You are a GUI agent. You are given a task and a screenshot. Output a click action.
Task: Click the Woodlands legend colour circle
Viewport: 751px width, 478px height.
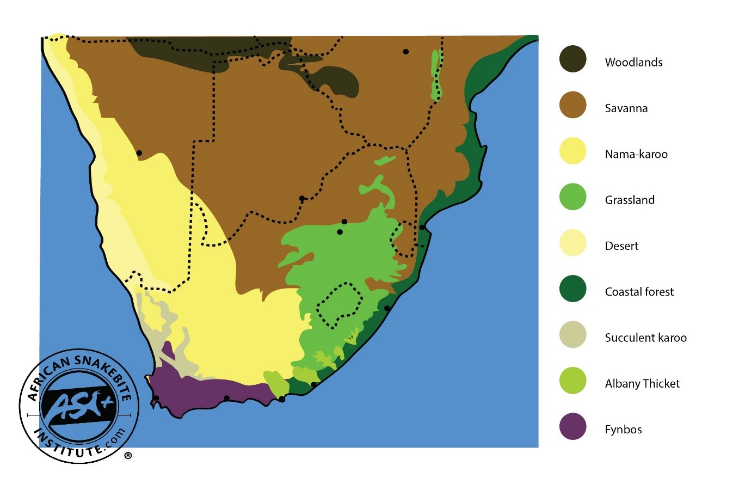(573, 59)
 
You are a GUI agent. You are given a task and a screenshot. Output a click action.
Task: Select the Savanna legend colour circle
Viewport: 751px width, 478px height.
(573, 105)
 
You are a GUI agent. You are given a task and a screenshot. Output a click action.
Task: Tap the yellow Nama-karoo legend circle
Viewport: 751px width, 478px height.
(573, 151)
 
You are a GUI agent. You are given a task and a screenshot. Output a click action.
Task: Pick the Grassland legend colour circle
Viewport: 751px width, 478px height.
(573, 197)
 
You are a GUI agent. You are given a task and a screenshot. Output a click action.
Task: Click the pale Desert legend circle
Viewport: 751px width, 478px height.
(573, 243)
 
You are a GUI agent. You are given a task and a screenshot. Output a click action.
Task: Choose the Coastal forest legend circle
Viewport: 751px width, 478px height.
(573, 289)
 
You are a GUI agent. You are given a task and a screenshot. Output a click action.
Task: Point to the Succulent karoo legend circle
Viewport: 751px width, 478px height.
(573, 335)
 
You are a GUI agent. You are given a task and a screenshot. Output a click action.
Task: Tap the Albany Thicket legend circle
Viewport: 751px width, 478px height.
(573, 381)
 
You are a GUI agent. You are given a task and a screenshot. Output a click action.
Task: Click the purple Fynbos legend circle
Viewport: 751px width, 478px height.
(573, 427)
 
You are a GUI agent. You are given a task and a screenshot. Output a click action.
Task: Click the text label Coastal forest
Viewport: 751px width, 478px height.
(639, 292)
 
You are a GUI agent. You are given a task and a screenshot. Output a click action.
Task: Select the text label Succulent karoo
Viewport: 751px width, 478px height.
(645, 338)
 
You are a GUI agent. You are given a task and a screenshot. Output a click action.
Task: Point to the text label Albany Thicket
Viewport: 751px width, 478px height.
(642, 384)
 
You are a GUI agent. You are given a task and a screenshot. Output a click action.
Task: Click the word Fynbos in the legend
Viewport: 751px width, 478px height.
(623, 430)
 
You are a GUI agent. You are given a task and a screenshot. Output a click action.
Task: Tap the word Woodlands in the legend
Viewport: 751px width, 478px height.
(633, 62)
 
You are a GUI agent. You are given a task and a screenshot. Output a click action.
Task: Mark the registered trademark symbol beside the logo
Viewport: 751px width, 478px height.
(128, 456)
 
